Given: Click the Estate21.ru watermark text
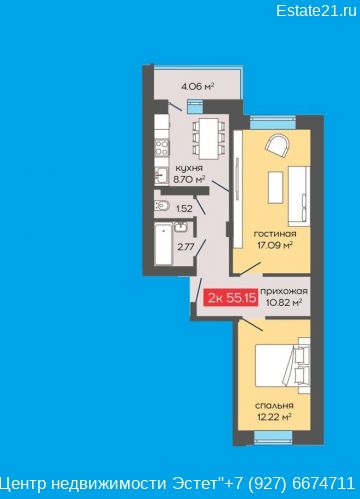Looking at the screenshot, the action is (x=316, y=11).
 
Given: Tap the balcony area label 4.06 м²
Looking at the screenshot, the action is (x=197, y=87).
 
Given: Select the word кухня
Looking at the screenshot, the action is (x=189, y=168).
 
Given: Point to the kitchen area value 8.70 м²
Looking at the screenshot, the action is (x=189, y=180).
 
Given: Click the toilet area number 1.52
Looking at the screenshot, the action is (x=184, y=209).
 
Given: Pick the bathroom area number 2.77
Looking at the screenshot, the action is (x=186, y=247).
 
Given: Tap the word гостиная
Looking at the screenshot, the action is (x=275, y=234).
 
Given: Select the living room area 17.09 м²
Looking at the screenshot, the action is (x=275, y=246).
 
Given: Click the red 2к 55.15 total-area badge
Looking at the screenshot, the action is (x=231, y=297).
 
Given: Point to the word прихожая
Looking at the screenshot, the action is (x=284, y=291).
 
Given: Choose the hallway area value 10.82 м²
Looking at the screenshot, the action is (x=284, y=303).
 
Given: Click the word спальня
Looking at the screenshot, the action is (x=274, y=406).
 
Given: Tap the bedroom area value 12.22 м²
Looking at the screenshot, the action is (x=274, y=417).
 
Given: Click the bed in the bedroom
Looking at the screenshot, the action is (x=283, y=365).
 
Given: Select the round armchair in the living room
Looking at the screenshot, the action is (x=277, y=145).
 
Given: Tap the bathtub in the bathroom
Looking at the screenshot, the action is (x=164, y=244).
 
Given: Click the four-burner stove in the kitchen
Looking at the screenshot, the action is (x=162, y=148).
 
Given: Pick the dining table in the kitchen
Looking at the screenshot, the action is (x=208, y=139).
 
